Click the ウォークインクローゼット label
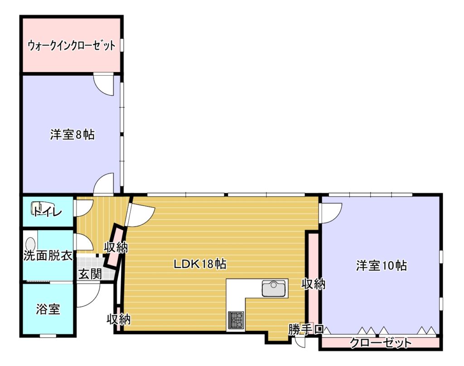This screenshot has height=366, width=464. point(71,46)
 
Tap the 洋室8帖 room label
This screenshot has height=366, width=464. point(72,135)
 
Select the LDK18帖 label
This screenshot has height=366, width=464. point(200,264)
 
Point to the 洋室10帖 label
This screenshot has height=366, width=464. point(381,265)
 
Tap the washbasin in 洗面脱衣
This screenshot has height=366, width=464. point(30,245)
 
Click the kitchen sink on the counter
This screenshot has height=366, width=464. point(275,289)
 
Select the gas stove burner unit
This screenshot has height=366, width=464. point(236,320)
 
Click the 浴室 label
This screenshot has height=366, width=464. point(48,309)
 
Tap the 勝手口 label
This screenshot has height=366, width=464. point(306,329)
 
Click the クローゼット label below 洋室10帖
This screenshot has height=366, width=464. point(381,343)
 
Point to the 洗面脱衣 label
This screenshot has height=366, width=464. point(48,255)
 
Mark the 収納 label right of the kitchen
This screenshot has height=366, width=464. point(314,284)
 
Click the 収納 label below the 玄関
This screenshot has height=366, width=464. point(119,319)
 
